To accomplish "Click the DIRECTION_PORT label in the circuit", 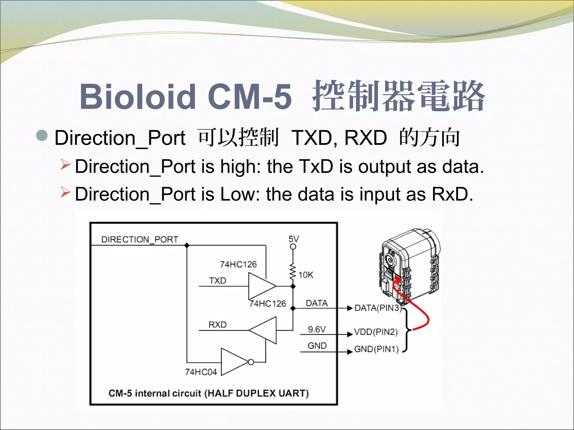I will pos(140,239).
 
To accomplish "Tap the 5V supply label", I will pos(293,239).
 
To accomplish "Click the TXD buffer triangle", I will pos(261,286).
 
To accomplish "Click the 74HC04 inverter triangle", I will pos(234,362).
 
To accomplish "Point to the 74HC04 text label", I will pos(201,372).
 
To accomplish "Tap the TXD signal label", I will pos(217,281).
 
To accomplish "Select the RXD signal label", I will pos(217,325).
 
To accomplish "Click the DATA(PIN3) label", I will pos(378,308).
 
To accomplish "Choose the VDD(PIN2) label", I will pos(376,332).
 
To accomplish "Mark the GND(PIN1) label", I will pos(376,349).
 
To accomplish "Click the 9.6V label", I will pos(317,329).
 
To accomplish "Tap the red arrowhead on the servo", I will pos(397,280).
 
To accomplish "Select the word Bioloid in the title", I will pos(137,97).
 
